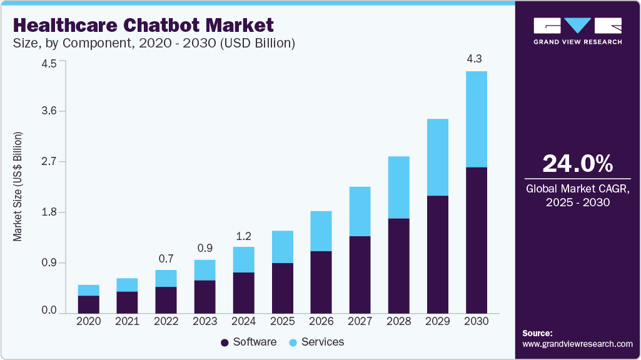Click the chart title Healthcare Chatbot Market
(x=143, y=25)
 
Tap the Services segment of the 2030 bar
(x=477, y=119)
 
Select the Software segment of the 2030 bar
(x=477, y=240)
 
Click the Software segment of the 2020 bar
(x=89, y=304)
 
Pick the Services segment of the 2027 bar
(x=360, y=211)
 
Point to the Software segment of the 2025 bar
(x=283, y=287)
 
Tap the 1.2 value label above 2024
(x=244, y=236)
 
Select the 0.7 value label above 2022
(x=166, y=258)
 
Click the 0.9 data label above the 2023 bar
(x=205, y=247)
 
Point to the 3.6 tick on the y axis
(x=49, y=111)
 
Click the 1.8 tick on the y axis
(x=49, y=212)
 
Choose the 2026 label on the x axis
(x=321, y=321)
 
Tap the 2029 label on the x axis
(x=438, y=321)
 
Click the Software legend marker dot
(x=225, y=342)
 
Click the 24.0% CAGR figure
(x=578, y=164)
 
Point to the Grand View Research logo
(x=578, y=30)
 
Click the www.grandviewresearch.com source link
(x=577, y=344)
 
